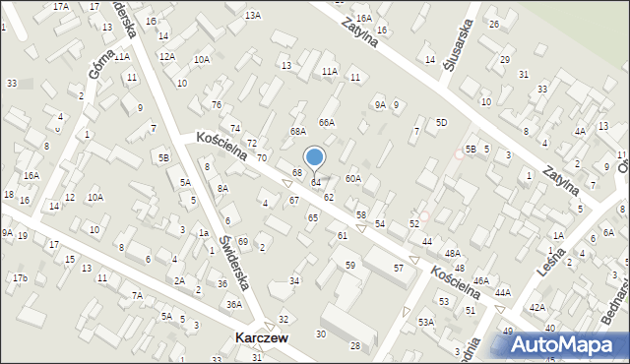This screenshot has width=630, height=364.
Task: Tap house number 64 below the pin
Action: tap(316, 183)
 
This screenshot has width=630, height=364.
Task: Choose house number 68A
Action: tap(298, 132)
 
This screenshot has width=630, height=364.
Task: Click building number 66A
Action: tap(327, 123)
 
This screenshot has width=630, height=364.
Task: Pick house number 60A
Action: tap(353, 179)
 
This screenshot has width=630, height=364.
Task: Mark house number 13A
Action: tap(253, 15)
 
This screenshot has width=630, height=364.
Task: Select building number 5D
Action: tap(442, 123)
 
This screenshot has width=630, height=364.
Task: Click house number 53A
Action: tap(425, 323)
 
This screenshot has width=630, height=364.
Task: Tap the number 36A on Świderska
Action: tap(234, 305)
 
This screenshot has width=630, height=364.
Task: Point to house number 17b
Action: tap(20, 278)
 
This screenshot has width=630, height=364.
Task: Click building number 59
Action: tap(349, 266)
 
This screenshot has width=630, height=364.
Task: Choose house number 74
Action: tap(235, 129)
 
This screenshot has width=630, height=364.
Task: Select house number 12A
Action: tap(166, 57)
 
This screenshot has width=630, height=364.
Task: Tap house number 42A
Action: tap(537, 308)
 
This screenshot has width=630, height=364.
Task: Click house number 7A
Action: tap(138, 296)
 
